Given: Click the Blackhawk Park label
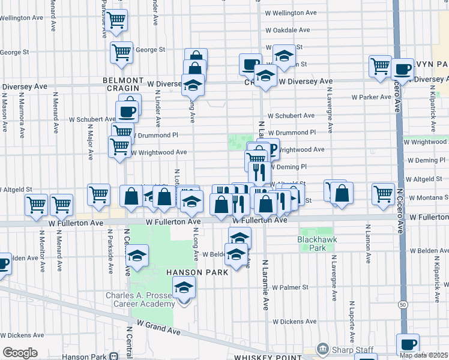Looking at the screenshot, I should [315, 243].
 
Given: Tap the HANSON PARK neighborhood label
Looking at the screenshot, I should [198, 272].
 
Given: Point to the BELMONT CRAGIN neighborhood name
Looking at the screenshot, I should [123, 84].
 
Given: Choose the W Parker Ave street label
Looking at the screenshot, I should [372, 97].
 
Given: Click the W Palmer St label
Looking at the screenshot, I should [290, 287].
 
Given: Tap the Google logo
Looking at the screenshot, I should [19, 353].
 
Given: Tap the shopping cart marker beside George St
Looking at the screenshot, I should [121, 53].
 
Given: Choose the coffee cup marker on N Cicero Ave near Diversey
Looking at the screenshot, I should [402, 69].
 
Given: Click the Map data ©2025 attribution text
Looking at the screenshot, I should [424, 355].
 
